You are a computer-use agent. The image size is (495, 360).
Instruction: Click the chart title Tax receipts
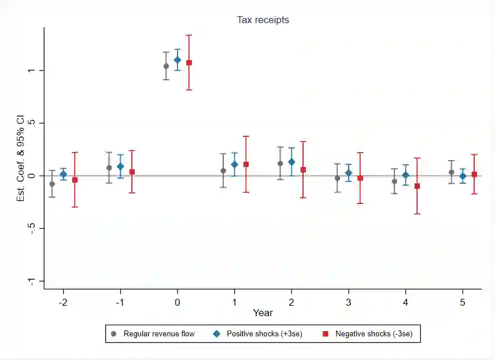tap(263, 20)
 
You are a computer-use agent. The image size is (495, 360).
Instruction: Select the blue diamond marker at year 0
tap(178, 60)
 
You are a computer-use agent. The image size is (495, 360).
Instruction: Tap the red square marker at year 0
tap(189, 62)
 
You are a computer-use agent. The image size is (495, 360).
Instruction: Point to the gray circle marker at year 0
tap(166, 66)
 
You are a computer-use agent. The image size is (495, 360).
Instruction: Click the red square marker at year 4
tap(417, 186)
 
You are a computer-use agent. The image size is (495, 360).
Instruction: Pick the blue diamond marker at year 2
tap(291, 162)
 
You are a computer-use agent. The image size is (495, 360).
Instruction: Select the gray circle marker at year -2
tap(52, 184)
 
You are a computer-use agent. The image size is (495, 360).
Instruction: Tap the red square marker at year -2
tap(75, 180)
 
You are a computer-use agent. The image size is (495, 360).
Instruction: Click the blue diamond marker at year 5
tap(463, 176)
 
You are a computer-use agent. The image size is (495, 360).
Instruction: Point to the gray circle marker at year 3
tap(337, 178)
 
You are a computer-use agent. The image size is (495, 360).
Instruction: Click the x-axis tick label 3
tap(349, 302)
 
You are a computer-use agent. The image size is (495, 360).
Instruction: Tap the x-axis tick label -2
tap(62, 302)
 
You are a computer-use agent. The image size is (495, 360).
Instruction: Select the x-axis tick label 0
tap(178, 302)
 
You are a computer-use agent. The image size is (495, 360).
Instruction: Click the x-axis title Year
tap(263, 313)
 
